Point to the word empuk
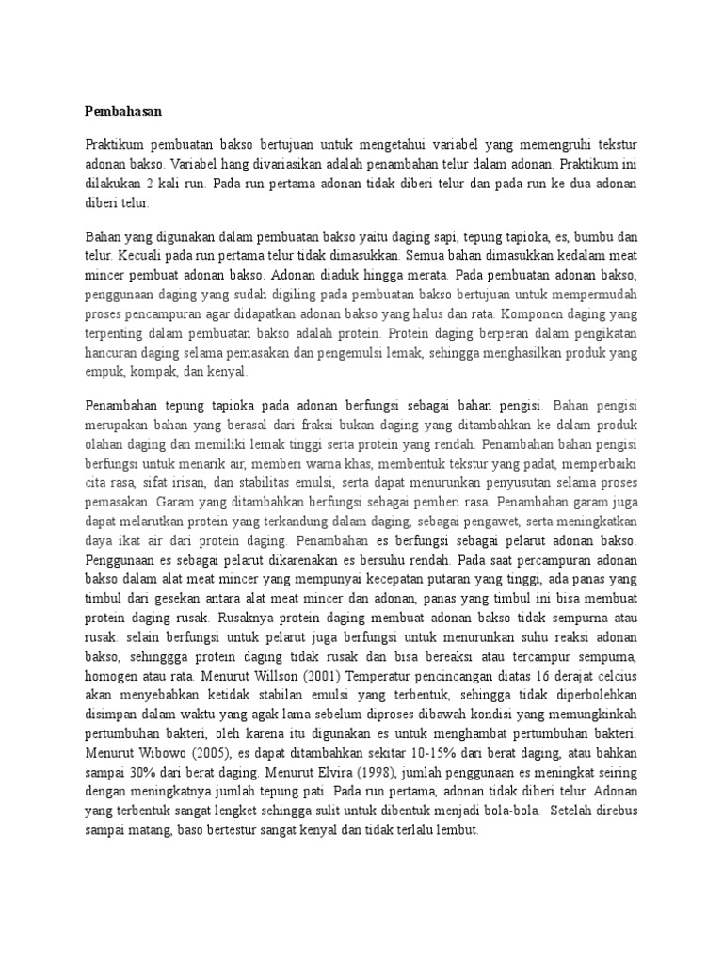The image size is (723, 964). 104,372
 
